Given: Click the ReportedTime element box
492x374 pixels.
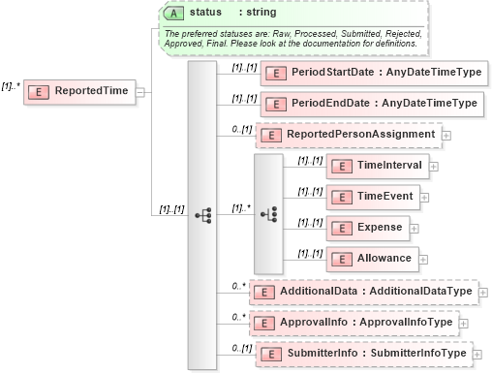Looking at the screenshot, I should click(x=81, y=91).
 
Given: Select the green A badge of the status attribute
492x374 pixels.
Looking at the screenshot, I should click(x=173, y=13).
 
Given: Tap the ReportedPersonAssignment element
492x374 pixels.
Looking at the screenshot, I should click(x=347, y=134).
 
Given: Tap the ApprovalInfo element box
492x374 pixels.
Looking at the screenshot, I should click(x=359, y=323).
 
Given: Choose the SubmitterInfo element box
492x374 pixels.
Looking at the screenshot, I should click(x=363, y=354).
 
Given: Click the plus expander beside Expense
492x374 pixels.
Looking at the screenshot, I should click(x=415, y=228).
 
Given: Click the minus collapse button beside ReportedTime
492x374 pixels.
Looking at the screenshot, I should click(x=141, y=91).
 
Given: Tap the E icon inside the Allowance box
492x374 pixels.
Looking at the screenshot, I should click(x=340, y=259).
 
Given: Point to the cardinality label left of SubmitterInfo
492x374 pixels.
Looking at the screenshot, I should click(x=241, y=348).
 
